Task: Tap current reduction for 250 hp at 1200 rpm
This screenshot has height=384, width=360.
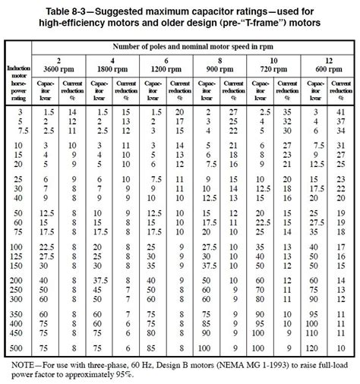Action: pyautogui.click(x=181, y=289)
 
